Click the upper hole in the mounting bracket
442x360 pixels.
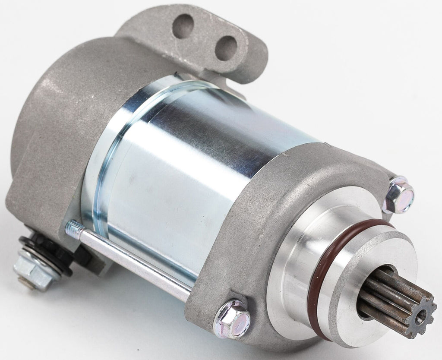183,26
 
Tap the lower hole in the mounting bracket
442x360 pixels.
226,47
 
